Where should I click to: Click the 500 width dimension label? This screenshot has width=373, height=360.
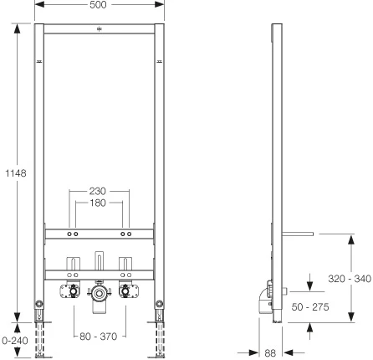[x=98, y=5]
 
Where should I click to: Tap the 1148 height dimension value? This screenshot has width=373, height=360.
[x=16, y=173]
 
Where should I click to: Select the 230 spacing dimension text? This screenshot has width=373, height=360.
[x=98, y=191]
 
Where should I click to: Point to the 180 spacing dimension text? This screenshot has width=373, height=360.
[x=98, y=203]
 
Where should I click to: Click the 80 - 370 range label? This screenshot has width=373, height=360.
[x=99, y=337]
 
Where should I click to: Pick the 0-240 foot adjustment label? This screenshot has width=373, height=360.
[x=15, y=341]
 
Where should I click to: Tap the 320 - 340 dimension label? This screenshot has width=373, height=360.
[x=350, y=279]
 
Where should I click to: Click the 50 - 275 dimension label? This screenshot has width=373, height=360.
[x=310, y=307]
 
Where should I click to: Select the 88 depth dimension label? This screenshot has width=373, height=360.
[x=270, y=353]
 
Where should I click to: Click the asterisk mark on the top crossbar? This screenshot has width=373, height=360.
[x=99, y=28]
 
